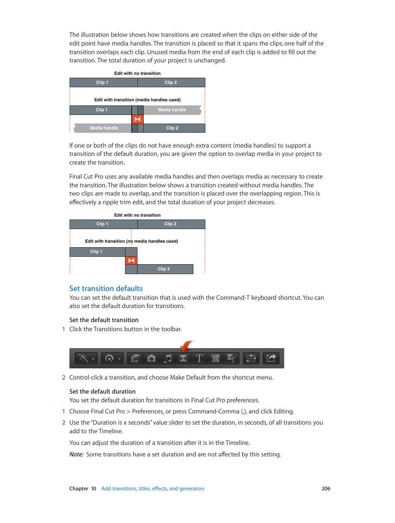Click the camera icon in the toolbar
click(152, 358)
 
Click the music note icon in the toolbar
click(168, 358)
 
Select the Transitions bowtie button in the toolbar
click(183, 358)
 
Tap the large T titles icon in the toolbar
click(199, 358)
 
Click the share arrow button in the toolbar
click(271, 358)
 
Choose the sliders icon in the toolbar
click(251, 358)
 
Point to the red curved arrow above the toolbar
click(186, 346)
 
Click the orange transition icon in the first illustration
click(137, 119)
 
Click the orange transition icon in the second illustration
click(131, 260)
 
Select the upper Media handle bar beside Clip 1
click(172, 110)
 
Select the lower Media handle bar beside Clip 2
click(104, 128)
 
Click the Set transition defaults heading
click(106, 289)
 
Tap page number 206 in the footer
click(326, 489)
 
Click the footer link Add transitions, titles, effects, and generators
click(153, 489)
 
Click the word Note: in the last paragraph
click(77, 454)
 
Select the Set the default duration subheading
click(102, 392)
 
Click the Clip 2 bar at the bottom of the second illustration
click(164, 269)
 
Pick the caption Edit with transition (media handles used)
click(137, 100)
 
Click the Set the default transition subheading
click(104, 320)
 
